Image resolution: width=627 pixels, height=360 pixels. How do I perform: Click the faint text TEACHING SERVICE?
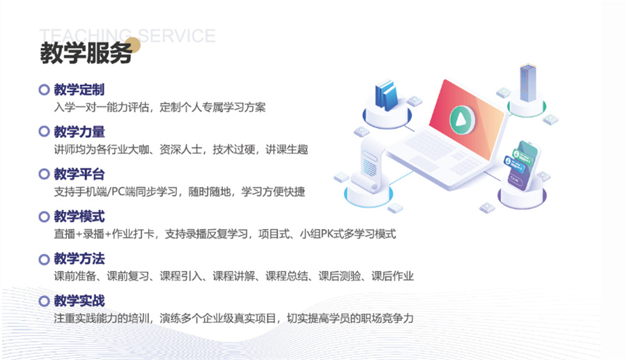(127, 36)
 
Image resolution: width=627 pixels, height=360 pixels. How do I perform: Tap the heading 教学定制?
(79, 90)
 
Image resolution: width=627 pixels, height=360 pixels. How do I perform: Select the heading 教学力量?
(79, 132)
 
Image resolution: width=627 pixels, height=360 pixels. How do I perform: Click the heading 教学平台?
(79, 174)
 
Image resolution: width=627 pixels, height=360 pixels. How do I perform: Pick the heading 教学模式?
(79, 217)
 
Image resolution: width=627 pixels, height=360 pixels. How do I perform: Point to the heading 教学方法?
(79, 259)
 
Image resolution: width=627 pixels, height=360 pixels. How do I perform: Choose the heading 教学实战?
(79, 302)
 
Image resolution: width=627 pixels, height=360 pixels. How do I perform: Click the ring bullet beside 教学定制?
(44, 90)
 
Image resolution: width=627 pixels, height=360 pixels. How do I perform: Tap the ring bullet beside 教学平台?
(44, 174)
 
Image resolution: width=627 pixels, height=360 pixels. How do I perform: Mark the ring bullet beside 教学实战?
(44, 302)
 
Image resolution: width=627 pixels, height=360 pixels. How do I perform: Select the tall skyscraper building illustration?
(527, 84)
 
